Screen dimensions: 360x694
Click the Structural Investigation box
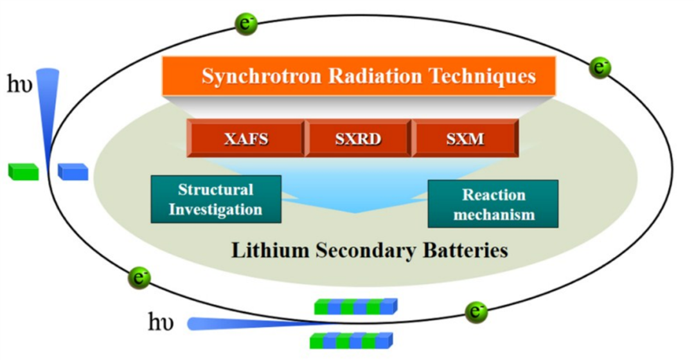click(x=216, y=199)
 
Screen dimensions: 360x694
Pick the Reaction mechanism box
click(x=493, y=204)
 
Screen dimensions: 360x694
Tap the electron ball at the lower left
click(x=139, y=278)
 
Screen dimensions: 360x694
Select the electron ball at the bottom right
click(x=476, y=313)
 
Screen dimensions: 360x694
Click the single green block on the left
click(x=23, y=172)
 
